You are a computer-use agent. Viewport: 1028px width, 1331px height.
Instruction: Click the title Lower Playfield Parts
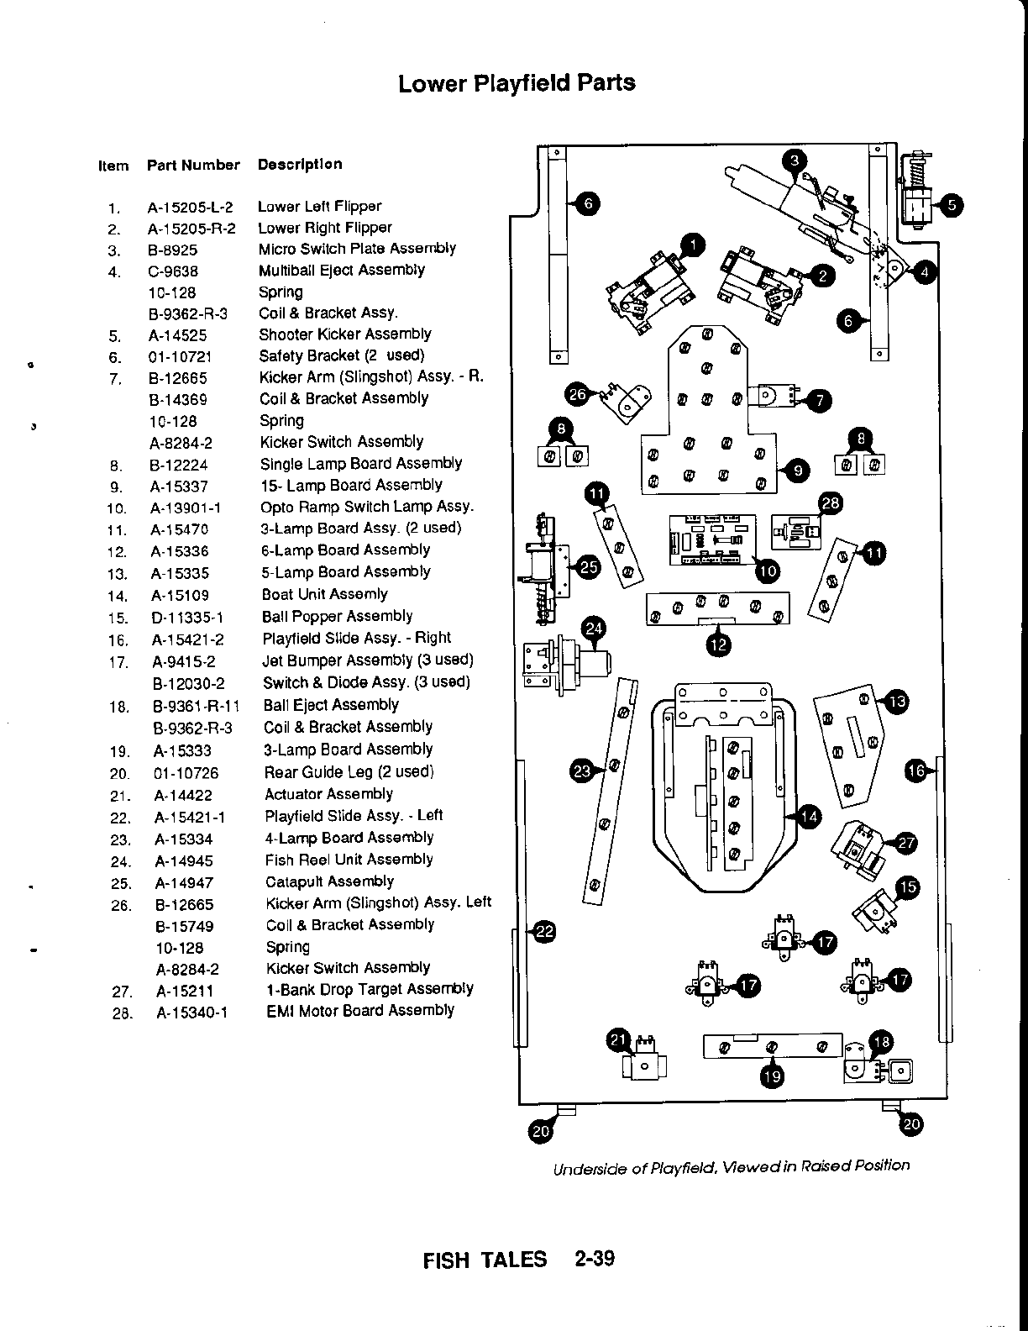point(517,83)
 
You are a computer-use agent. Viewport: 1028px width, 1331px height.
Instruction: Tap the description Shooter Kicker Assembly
point(344,334)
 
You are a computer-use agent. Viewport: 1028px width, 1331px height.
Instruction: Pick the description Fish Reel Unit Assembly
point(349,860)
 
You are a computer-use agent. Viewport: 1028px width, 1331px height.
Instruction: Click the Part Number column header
point(193,166)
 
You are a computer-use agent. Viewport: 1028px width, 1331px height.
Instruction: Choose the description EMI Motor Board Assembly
point(359,1011)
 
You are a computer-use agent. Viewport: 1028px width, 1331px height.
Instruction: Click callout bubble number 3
point(795,160)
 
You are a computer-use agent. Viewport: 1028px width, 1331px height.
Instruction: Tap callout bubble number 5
point(952,206)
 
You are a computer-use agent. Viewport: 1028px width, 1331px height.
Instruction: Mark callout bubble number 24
point(594,629)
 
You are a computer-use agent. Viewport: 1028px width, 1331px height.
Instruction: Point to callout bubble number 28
point(830,503)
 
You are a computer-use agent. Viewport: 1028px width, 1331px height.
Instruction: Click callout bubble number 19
point(772,1076)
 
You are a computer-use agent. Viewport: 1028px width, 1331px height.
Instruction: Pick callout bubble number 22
point(545,930)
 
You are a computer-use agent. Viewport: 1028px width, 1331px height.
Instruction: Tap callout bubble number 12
point(719,644)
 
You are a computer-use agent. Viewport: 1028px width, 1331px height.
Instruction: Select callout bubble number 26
point(578,394)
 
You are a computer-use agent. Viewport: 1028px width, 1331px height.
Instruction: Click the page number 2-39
point(595,1260)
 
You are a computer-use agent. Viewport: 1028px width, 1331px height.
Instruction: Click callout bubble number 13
point(896,702)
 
